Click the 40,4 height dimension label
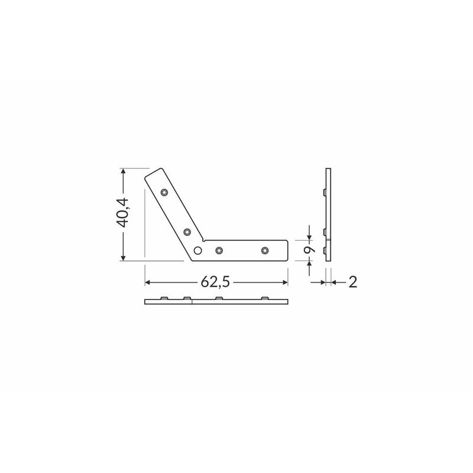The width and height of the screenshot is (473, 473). coord(123,213)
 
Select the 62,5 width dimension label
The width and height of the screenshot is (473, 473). coord(215,283)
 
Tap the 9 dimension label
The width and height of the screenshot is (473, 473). coord(309,250)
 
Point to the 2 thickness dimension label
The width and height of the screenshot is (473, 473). coord(352,283)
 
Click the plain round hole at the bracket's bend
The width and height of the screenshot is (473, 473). coord(197,250)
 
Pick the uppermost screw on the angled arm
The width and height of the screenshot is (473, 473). coord(164,192)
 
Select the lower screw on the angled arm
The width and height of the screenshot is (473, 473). coord(187,232)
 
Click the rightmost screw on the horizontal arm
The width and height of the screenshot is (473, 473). coord(265,250)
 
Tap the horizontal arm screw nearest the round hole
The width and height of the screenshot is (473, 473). coord(219,250)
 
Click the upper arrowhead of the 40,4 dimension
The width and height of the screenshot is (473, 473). coord(123,171)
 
